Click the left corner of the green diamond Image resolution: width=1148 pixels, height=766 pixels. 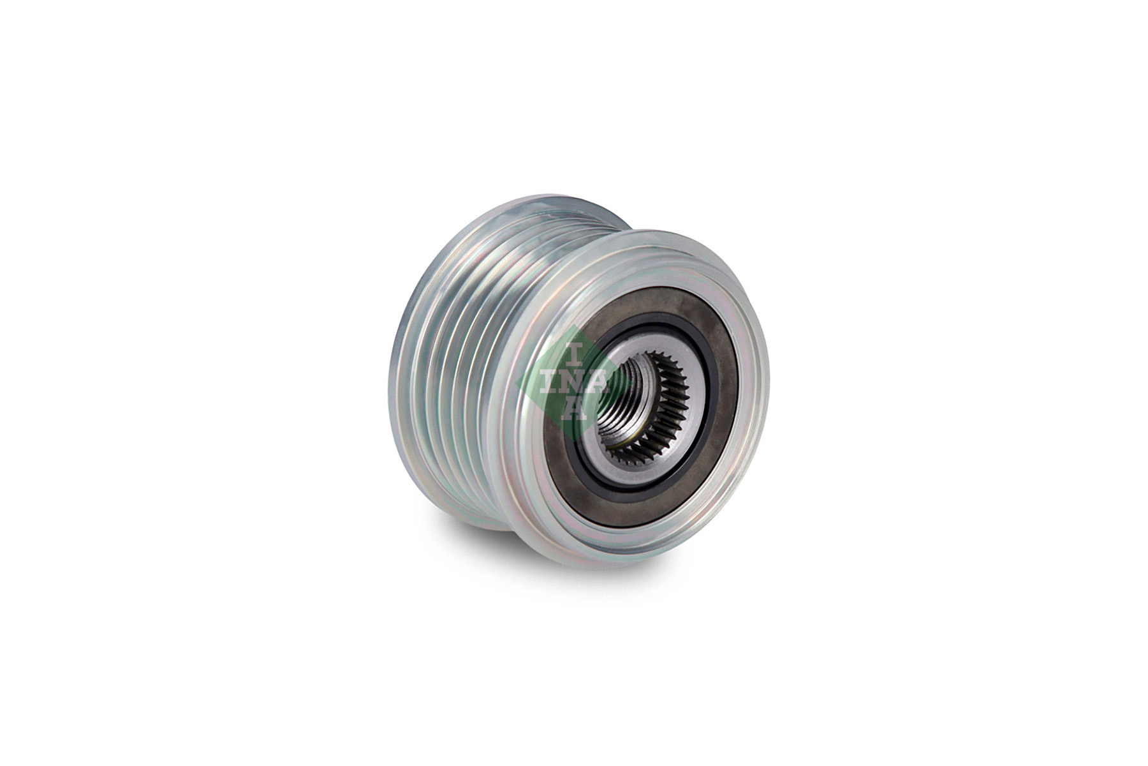pyautogui.click(x=518, y=382)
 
